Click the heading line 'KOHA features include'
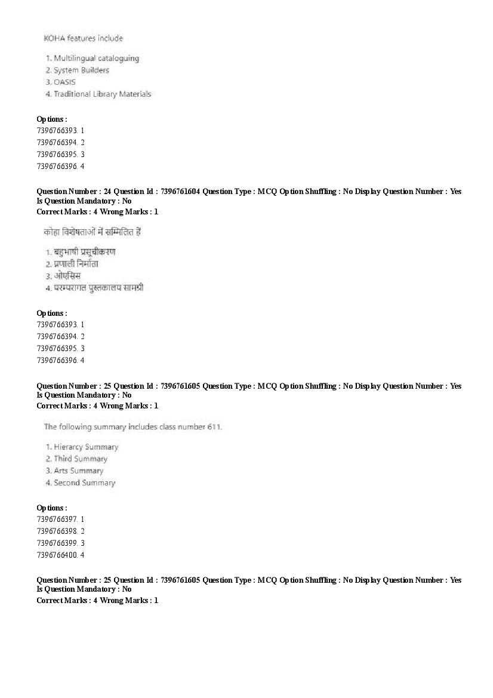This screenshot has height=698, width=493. click(x=83, y=39)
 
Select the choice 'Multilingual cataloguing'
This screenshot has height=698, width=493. click(x=96, y=59)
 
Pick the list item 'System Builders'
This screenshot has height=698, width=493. click(x=81, y=70)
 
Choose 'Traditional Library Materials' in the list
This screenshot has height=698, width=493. click(x=102, y=94)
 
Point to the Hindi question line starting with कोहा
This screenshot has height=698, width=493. click(x=92, y=232)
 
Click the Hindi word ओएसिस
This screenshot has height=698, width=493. click(x=67, y=276)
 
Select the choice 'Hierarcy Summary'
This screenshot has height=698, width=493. click(x=86, y=447)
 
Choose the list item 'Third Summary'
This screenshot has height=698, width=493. click(x=81, y=459)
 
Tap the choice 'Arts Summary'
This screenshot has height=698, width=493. click(x=78, y=471)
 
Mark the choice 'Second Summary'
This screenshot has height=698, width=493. click(x=84, y=483)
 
